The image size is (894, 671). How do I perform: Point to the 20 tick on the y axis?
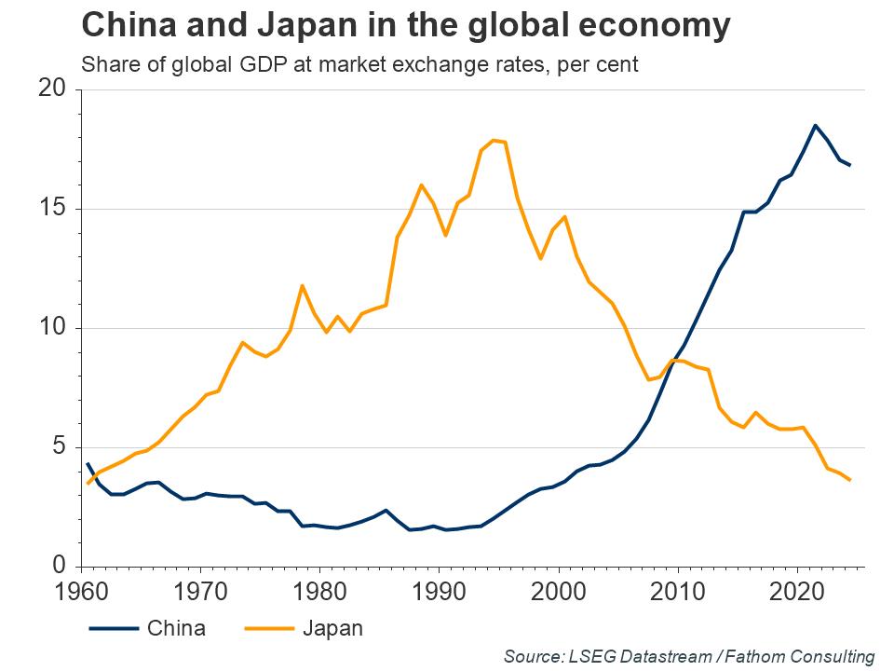55,89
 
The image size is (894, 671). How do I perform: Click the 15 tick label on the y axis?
55,209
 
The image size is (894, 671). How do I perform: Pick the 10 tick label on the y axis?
55,328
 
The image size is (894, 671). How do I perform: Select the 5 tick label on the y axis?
61,447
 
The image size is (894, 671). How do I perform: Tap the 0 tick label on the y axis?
61,567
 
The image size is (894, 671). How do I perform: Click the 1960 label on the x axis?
81,592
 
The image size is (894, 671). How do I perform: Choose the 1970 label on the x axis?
200,592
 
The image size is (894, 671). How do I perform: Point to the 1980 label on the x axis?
319,592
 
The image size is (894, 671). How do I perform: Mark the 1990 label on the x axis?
439,592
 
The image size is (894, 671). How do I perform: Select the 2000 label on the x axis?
558,592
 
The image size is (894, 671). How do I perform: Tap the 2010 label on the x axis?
677,592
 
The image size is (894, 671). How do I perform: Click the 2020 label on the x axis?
796,592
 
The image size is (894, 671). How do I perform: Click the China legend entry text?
176,628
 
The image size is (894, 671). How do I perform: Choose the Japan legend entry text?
332,628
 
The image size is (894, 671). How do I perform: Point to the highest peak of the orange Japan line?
493,140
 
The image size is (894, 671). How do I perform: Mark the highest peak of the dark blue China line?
815,125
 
